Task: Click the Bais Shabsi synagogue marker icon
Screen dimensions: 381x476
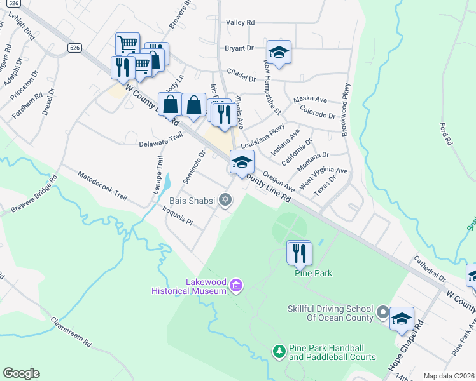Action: tap(225, 201)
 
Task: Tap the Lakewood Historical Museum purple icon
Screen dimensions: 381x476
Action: tap(236, 286)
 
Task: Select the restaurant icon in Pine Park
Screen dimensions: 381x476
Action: tap(300, 253)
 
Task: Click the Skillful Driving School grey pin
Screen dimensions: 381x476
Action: tap(382, 312)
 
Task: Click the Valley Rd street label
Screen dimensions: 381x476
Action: tap(240, 22)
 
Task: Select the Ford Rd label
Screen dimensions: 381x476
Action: tap(445, 133)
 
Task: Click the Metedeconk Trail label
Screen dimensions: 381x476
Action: tap(98, 185)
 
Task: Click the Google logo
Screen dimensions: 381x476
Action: tap(21, 373)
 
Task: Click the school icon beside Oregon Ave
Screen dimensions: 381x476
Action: tap(242, 162)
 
